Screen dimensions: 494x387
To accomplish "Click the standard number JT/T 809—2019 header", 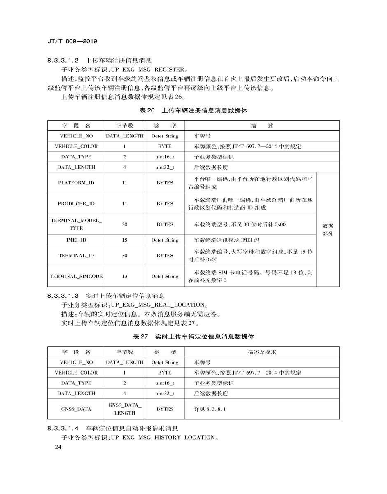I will pos(72,41).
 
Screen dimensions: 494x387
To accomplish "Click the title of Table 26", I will pos(193,111).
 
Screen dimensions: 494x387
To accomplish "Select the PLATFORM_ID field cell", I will pos(76,183).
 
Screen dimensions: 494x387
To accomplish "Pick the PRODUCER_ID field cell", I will pos(76,203).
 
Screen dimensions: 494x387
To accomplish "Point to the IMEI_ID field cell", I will pos(76,240).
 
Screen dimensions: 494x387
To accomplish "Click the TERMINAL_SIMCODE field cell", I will pos(76,276).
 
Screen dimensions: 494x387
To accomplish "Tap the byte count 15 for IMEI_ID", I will pos(124,240).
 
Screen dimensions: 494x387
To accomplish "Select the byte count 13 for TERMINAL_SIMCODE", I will pos(124,276).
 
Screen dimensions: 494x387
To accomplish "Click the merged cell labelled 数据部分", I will pos(328,230).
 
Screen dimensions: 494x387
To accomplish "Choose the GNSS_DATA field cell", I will pos(76,409).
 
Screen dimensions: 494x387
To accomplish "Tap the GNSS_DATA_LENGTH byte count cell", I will pos(124,409).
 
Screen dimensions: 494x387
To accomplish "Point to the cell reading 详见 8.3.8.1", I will pos(210,409).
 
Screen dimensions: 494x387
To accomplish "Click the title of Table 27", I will pos(193,337).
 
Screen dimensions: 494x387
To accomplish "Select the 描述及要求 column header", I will pos(262,352).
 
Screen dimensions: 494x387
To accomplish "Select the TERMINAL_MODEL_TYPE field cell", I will pos(76,224).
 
